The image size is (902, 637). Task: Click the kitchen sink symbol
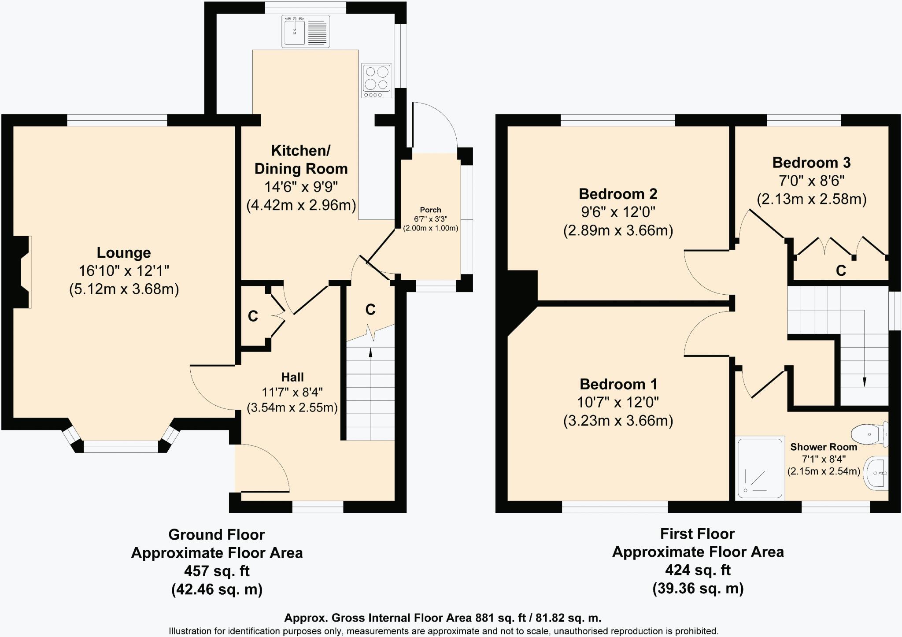click(305, 31)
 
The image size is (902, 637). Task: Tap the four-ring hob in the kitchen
click(377, 81)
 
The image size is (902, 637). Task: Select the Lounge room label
click(124, 253)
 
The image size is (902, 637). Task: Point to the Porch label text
click(430, 210)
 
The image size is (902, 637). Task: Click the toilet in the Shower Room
click(870, 433)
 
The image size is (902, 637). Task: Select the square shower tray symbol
click(760, 468)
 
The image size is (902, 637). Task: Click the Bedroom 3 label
click(811, 163)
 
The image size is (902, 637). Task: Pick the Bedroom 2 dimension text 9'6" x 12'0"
click(618, 212)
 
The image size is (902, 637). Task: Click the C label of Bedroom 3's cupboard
click(841, 270)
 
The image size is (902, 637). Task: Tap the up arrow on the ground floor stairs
click(370, 352)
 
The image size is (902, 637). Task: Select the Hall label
click(292, 377)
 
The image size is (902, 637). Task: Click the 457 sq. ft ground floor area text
click(217, 571)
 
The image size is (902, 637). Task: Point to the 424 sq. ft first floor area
click(698, 570)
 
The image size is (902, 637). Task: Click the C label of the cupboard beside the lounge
click(253, 316)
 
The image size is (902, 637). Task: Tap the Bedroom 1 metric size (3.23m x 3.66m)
click(618, 421)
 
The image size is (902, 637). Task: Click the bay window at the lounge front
click(121, 447)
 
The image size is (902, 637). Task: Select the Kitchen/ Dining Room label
click(301, 159)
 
